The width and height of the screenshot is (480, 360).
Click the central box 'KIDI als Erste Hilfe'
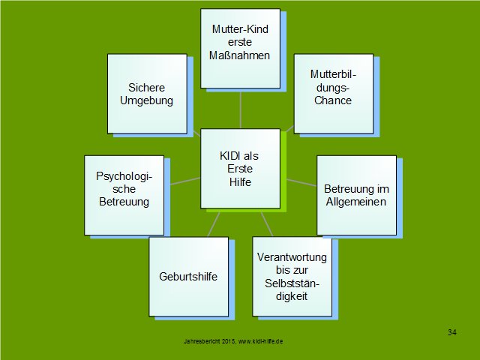pyautogui.click(x=240, y=169)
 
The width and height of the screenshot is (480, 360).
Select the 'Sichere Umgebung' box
pyautogui.click(x=147, y=94)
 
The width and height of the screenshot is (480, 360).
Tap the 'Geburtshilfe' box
pyautogui.click(x=189, y=277)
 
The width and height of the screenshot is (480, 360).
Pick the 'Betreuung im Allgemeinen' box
pyautogui.click(x=357, y=195)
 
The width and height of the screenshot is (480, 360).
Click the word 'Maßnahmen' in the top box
pyautogui.click(x=240, y=55)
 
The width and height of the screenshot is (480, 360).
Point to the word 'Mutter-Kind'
pyautogui.click(x=240, y=29)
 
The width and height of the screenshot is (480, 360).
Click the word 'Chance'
pyautogui.click(x=333, y=100)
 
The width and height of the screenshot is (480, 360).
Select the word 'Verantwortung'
pyautogui.click(x=292, y=257)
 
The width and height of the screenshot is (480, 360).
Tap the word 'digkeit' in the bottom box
pyautogui.click(x=292, y=296)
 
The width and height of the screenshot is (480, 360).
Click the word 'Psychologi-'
pyautogui.click(x=124, y=176)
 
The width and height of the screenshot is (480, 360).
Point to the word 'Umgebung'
pyautogui.click(x=147, y=100)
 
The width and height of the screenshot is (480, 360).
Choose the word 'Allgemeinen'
pyautogui.click(x=356, y=202)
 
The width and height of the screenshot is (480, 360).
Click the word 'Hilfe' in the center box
pyautogui.click(x=240, y=182)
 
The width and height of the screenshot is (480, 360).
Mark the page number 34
pyautogui.click(x=452, y=332)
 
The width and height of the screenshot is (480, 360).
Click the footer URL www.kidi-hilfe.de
pyautogui.click(x=260, y=341)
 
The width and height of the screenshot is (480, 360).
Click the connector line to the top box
pyautogui.click(x=241, y=110)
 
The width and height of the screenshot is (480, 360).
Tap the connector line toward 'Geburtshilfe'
pyautogui.click(x=214, y=224)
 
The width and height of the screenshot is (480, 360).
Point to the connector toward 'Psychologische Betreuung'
pyautogui.click(x=185, y=181)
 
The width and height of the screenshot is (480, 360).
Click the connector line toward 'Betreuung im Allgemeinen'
pyautogui.click(x=301, y=182)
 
